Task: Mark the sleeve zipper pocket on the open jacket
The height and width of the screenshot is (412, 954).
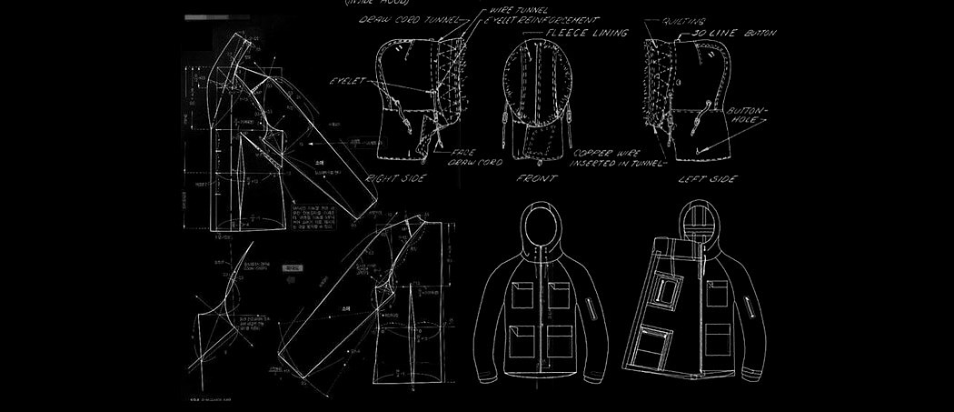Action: click(x=747, y=306)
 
